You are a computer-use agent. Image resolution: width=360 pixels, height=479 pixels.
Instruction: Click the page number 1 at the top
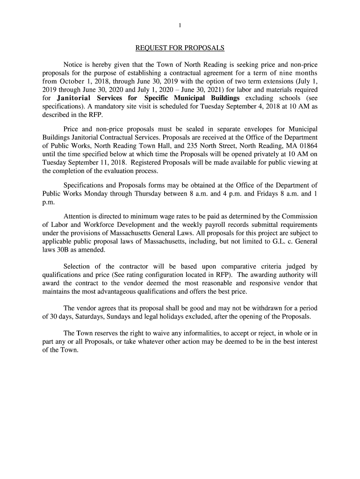point(180,25)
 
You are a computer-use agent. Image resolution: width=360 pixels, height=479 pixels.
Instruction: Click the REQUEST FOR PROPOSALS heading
point(180,48)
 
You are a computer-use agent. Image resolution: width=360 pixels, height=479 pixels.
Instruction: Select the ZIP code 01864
point(307,146)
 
